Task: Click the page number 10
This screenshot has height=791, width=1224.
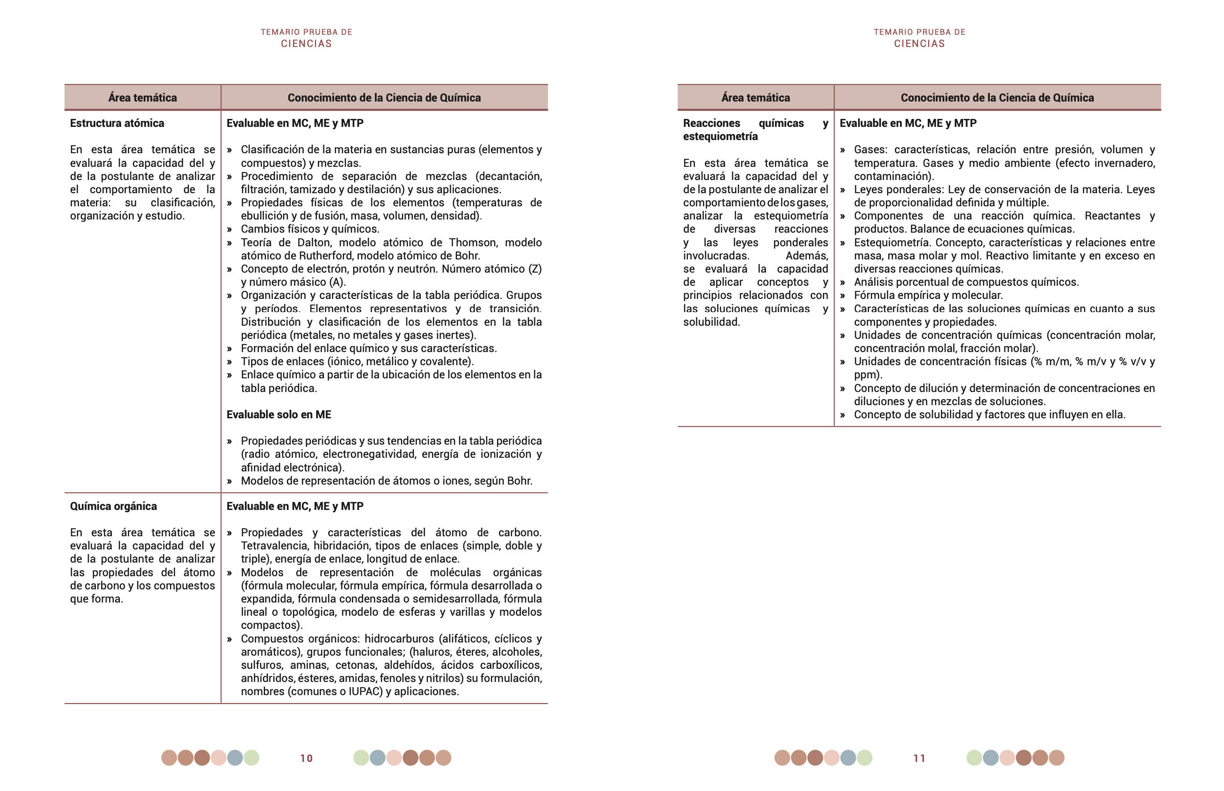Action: tap(306, 758)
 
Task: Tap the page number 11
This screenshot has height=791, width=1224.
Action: tap(919, 758)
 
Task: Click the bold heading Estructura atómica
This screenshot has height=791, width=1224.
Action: tap(117, 123)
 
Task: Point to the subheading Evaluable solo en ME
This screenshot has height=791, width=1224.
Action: tap(279, 415)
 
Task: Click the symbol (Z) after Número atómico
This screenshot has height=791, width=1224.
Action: tap(534, 269)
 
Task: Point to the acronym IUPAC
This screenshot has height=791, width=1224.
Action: tap(365, 691)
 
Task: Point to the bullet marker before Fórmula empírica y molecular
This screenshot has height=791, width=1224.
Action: tap(843, 295)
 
